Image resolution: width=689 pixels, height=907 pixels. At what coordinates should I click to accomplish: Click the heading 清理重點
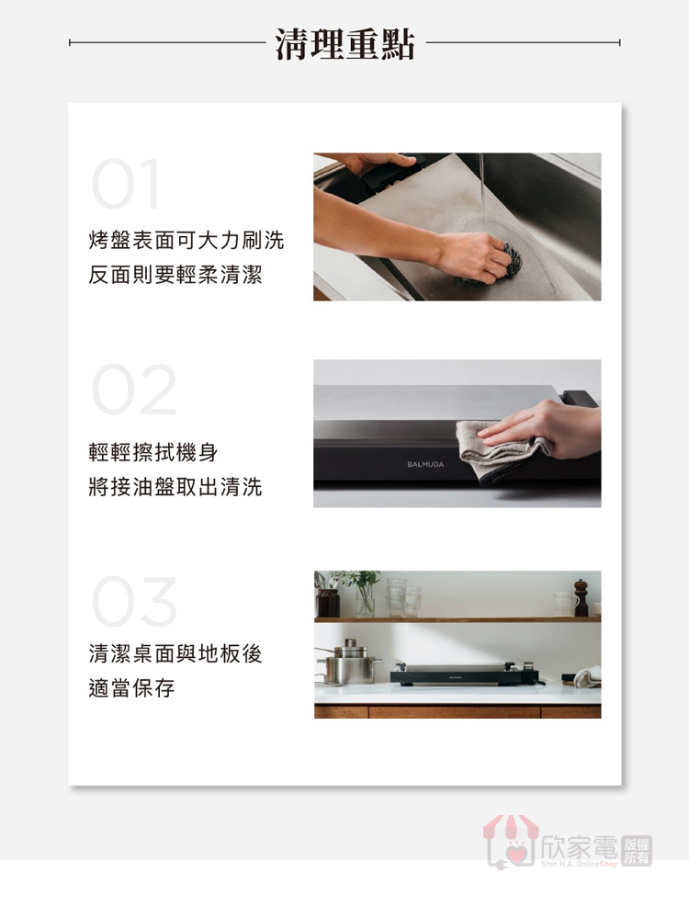[344, 44]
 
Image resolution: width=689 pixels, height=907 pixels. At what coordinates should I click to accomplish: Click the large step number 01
[126, 184]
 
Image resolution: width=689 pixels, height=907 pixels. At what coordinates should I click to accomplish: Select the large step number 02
[133, 390]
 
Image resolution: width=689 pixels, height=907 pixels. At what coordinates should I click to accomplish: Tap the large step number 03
[133, 602]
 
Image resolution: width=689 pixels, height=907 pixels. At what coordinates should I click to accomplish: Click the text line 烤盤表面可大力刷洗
[186, 240]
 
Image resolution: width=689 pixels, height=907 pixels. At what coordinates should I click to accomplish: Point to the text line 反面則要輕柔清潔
[175, 275]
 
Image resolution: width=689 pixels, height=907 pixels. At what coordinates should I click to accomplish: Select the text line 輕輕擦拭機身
[153, 452]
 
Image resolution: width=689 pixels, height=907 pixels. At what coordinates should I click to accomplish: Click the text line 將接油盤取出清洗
[175, 487]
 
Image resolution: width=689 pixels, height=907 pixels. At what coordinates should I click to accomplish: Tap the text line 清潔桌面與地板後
[175, 653]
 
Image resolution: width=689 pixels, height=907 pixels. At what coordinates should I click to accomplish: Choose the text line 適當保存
[131, 688]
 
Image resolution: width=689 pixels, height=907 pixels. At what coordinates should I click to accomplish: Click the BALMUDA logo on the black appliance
[425, 464]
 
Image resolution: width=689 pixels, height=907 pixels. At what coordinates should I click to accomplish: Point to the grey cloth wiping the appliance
[502, 449]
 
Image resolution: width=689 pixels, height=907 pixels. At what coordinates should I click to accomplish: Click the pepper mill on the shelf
[581, 597]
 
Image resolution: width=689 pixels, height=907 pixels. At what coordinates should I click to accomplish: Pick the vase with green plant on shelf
[362, 594]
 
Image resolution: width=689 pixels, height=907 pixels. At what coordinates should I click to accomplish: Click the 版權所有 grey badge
[637, 850]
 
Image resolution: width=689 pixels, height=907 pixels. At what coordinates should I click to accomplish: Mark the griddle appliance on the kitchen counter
[466, 675]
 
